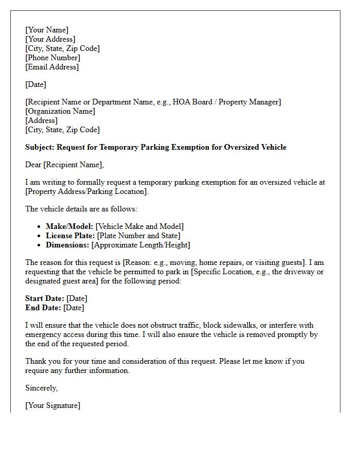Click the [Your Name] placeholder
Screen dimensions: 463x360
click(47, 30)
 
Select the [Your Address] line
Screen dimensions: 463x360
click(50, 39)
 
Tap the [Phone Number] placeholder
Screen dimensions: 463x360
click(52, 58)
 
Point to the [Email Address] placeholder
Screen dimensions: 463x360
click(52, 67)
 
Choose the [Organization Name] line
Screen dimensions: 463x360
click(60, 111)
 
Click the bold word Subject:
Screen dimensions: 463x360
click(40, 147)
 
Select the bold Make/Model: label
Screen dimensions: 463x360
click(69, 226)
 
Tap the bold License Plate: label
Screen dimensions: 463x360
click(70, 236)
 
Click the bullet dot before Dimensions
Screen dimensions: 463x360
click(40, 245)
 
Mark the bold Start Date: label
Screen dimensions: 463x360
click(45, 298)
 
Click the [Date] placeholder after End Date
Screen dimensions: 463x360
click(74, 308)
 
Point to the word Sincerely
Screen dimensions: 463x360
click(41, 388)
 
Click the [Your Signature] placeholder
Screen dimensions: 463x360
click(52, 405)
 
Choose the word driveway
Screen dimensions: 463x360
click(292, 272)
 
